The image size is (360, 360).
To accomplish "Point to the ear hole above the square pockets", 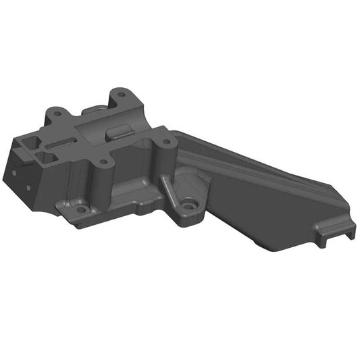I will coord(58,113).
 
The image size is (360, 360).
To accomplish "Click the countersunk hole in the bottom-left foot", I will coord(82,209).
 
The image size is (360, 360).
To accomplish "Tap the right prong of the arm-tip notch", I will coord(348,232).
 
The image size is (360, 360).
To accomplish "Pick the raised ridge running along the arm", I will coord(257,162).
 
